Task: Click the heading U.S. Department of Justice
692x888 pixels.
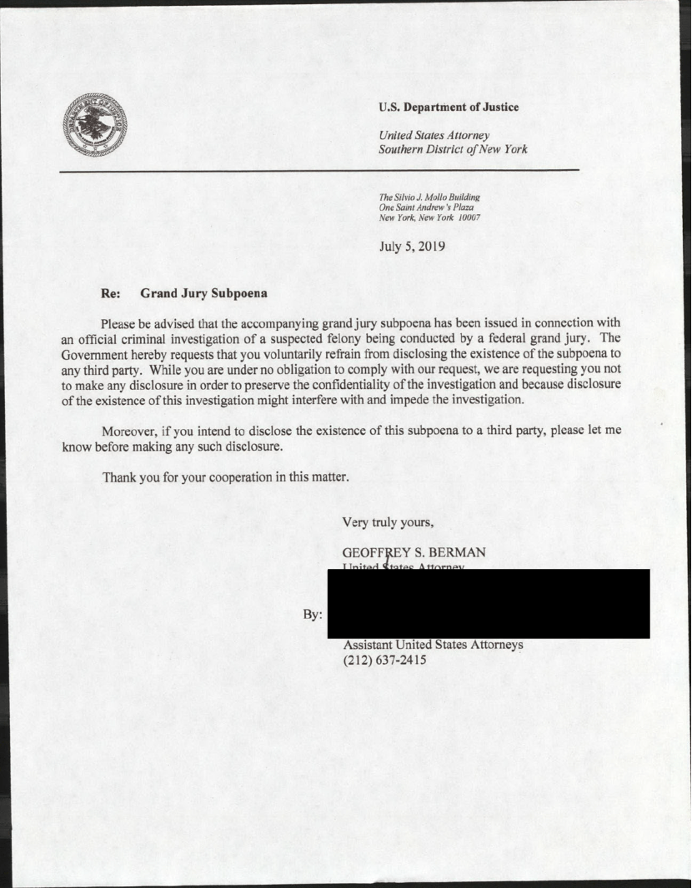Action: [448, 107]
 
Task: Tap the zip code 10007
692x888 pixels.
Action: [466, 217]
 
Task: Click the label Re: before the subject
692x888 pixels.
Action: [112, 293]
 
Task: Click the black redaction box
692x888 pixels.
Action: [489, 603]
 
